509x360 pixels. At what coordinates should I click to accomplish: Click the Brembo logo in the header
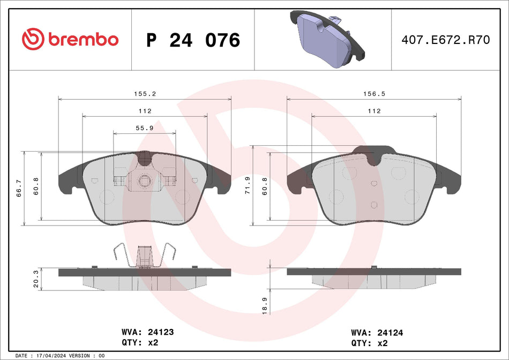[x=70, y=39]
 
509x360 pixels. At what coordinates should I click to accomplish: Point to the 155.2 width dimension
[x=145, y=93]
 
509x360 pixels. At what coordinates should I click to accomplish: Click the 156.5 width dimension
[x=374, y=93]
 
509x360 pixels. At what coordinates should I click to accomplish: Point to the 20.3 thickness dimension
[x=36, y=279]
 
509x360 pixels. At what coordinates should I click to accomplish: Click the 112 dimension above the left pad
[x=145, y=111]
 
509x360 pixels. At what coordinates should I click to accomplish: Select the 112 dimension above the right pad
[x=374, y=111]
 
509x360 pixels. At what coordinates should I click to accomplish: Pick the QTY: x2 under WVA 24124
[x=370, y=342]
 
